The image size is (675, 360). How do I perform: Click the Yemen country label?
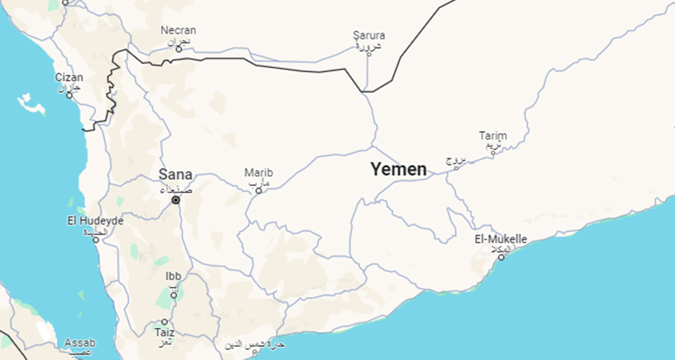[398, 169]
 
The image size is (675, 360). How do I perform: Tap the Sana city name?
[176, 175]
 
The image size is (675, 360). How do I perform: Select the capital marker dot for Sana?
[176, 200]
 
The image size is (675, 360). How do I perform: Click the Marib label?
[259, 172]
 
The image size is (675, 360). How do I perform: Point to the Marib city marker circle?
[259, 191]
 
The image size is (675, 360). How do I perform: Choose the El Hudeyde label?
[96, 221]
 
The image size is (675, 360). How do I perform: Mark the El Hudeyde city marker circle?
[96, 239]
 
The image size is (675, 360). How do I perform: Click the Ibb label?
[173, 276]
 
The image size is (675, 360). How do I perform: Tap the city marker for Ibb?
[173, 295]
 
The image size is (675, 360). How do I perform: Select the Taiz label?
[165, 332]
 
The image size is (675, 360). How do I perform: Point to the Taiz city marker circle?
[165, 322]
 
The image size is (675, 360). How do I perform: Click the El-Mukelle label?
[501, 239]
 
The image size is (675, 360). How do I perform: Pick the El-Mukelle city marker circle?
[501, 257]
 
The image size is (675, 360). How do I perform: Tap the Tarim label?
[493, 136]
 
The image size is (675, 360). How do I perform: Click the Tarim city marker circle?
[493, 153]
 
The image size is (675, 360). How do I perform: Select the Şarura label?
[369, 35]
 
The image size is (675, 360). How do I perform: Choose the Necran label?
[178, 30]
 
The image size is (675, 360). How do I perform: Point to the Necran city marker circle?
[179, 49]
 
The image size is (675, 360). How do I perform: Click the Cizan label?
[69, 77]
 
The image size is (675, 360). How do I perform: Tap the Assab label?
[80, 343]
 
